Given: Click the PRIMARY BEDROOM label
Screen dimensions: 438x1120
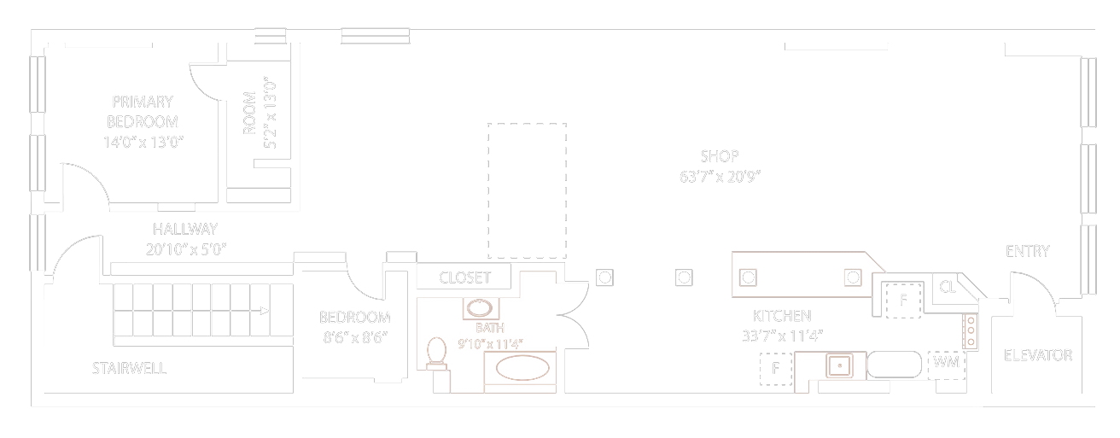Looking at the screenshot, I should [x=143, y=111].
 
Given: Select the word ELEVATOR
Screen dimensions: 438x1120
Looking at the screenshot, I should [x=1037, y=355].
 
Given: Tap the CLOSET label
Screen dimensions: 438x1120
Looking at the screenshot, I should [x=464, y=277].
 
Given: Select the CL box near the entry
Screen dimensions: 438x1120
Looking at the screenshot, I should [x=948, y=287].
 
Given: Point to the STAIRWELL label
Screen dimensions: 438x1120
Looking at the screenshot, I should [x=129, y=369].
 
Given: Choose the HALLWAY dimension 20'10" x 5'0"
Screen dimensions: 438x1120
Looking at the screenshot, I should [x=186, y=248].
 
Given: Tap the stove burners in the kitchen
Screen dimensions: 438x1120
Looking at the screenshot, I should [x=971, y=331].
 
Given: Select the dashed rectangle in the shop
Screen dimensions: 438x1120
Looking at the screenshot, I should [x=527, y=190].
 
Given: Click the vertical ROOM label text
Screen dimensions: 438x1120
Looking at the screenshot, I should [x=249, y=114].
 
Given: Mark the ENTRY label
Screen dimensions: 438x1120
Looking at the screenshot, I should [x=1028, y=251].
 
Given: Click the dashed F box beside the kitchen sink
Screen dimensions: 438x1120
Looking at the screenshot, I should [x=776, y=369].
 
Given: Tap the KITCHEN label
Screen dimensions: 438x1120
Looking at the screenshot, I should [x=781, y=315].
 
